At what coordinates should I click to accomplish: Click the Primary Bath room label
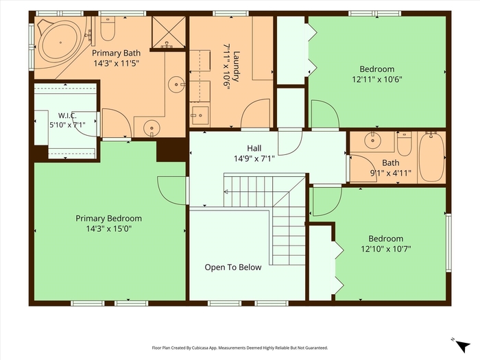pyautogui.click(x=117, y=53)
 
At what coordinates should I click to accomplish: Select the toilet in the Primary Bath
pyautogui.click(x=108, y=29)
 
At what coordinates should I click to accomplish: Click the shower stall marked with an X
pyautogui.click(x=169, y=32)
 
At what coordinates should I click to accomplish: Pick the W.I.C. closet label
pyautogui.click(x=67, y=115)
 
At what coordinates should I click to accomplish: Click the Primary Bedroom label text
pyautogui.click(x=108, y=219)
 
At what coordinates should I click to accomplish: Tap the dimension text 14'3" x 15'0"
pyautogui.click(x=108, y=228)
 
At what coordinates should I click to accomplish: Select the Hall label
pyautogui.click(x=254, y=149)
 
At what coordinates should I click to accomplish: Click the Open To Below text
pyautogui.click(x=233, y=267)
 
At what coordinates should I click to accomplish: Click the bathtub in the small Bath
pyautogui.click(x=431, y=157)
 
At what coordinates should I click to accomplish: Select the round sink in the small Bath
pyautogui.click(x=372, y=141)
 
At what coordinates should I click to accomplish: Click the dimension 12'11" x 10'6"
pyautogui.click(x=377, y=80)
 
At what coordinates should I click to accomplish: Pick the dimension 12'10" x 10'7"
pyautogui.click(x=385, y=249)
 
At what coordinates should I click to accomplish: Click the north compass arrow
pyautogui.click(x=463, y=346)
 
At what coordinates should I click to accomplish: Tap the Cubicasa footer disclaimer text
pyautogui.click(x=240, y=348)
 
